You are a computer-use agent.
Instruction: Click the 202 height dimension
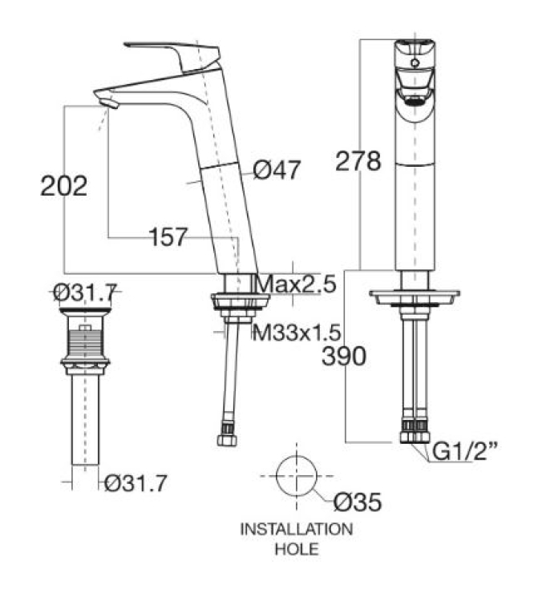(x=63, y=186)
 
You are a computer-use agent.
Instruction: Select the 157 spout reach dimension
(x=168, y=237)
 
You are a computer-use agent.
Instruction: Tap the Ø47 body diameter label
(x=277, y=170)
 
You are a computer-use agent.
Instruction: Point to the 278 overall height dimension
(x=358, y=161)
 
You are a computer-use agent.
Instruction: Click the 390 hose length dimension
(x=344, y=356)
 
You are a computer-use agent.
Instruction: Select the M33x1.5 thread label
(x=297, y=333)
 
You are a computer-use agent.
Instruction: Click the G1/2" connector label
(x=464, y=451)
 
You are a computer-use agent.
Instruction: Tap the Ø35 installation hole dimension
(x=358, y=502)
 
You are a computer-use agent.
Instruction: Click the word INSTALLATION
(x=297, y=529)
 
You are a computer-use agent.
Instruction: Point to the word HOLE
(x=297, y=549)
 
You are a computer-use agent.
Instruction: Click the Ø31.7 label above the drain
(x=84, y=292)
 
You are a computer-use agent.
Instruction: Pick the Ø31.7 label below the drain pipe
(x=136, y=483)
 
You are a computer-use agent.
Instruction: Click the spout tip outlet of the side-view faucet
(x=109, y=103)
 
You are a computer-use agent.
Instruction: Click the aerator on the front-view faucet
(x=415, y=100)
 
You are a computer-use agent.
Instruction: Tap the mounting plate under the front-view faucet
(x=415, y=296)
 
